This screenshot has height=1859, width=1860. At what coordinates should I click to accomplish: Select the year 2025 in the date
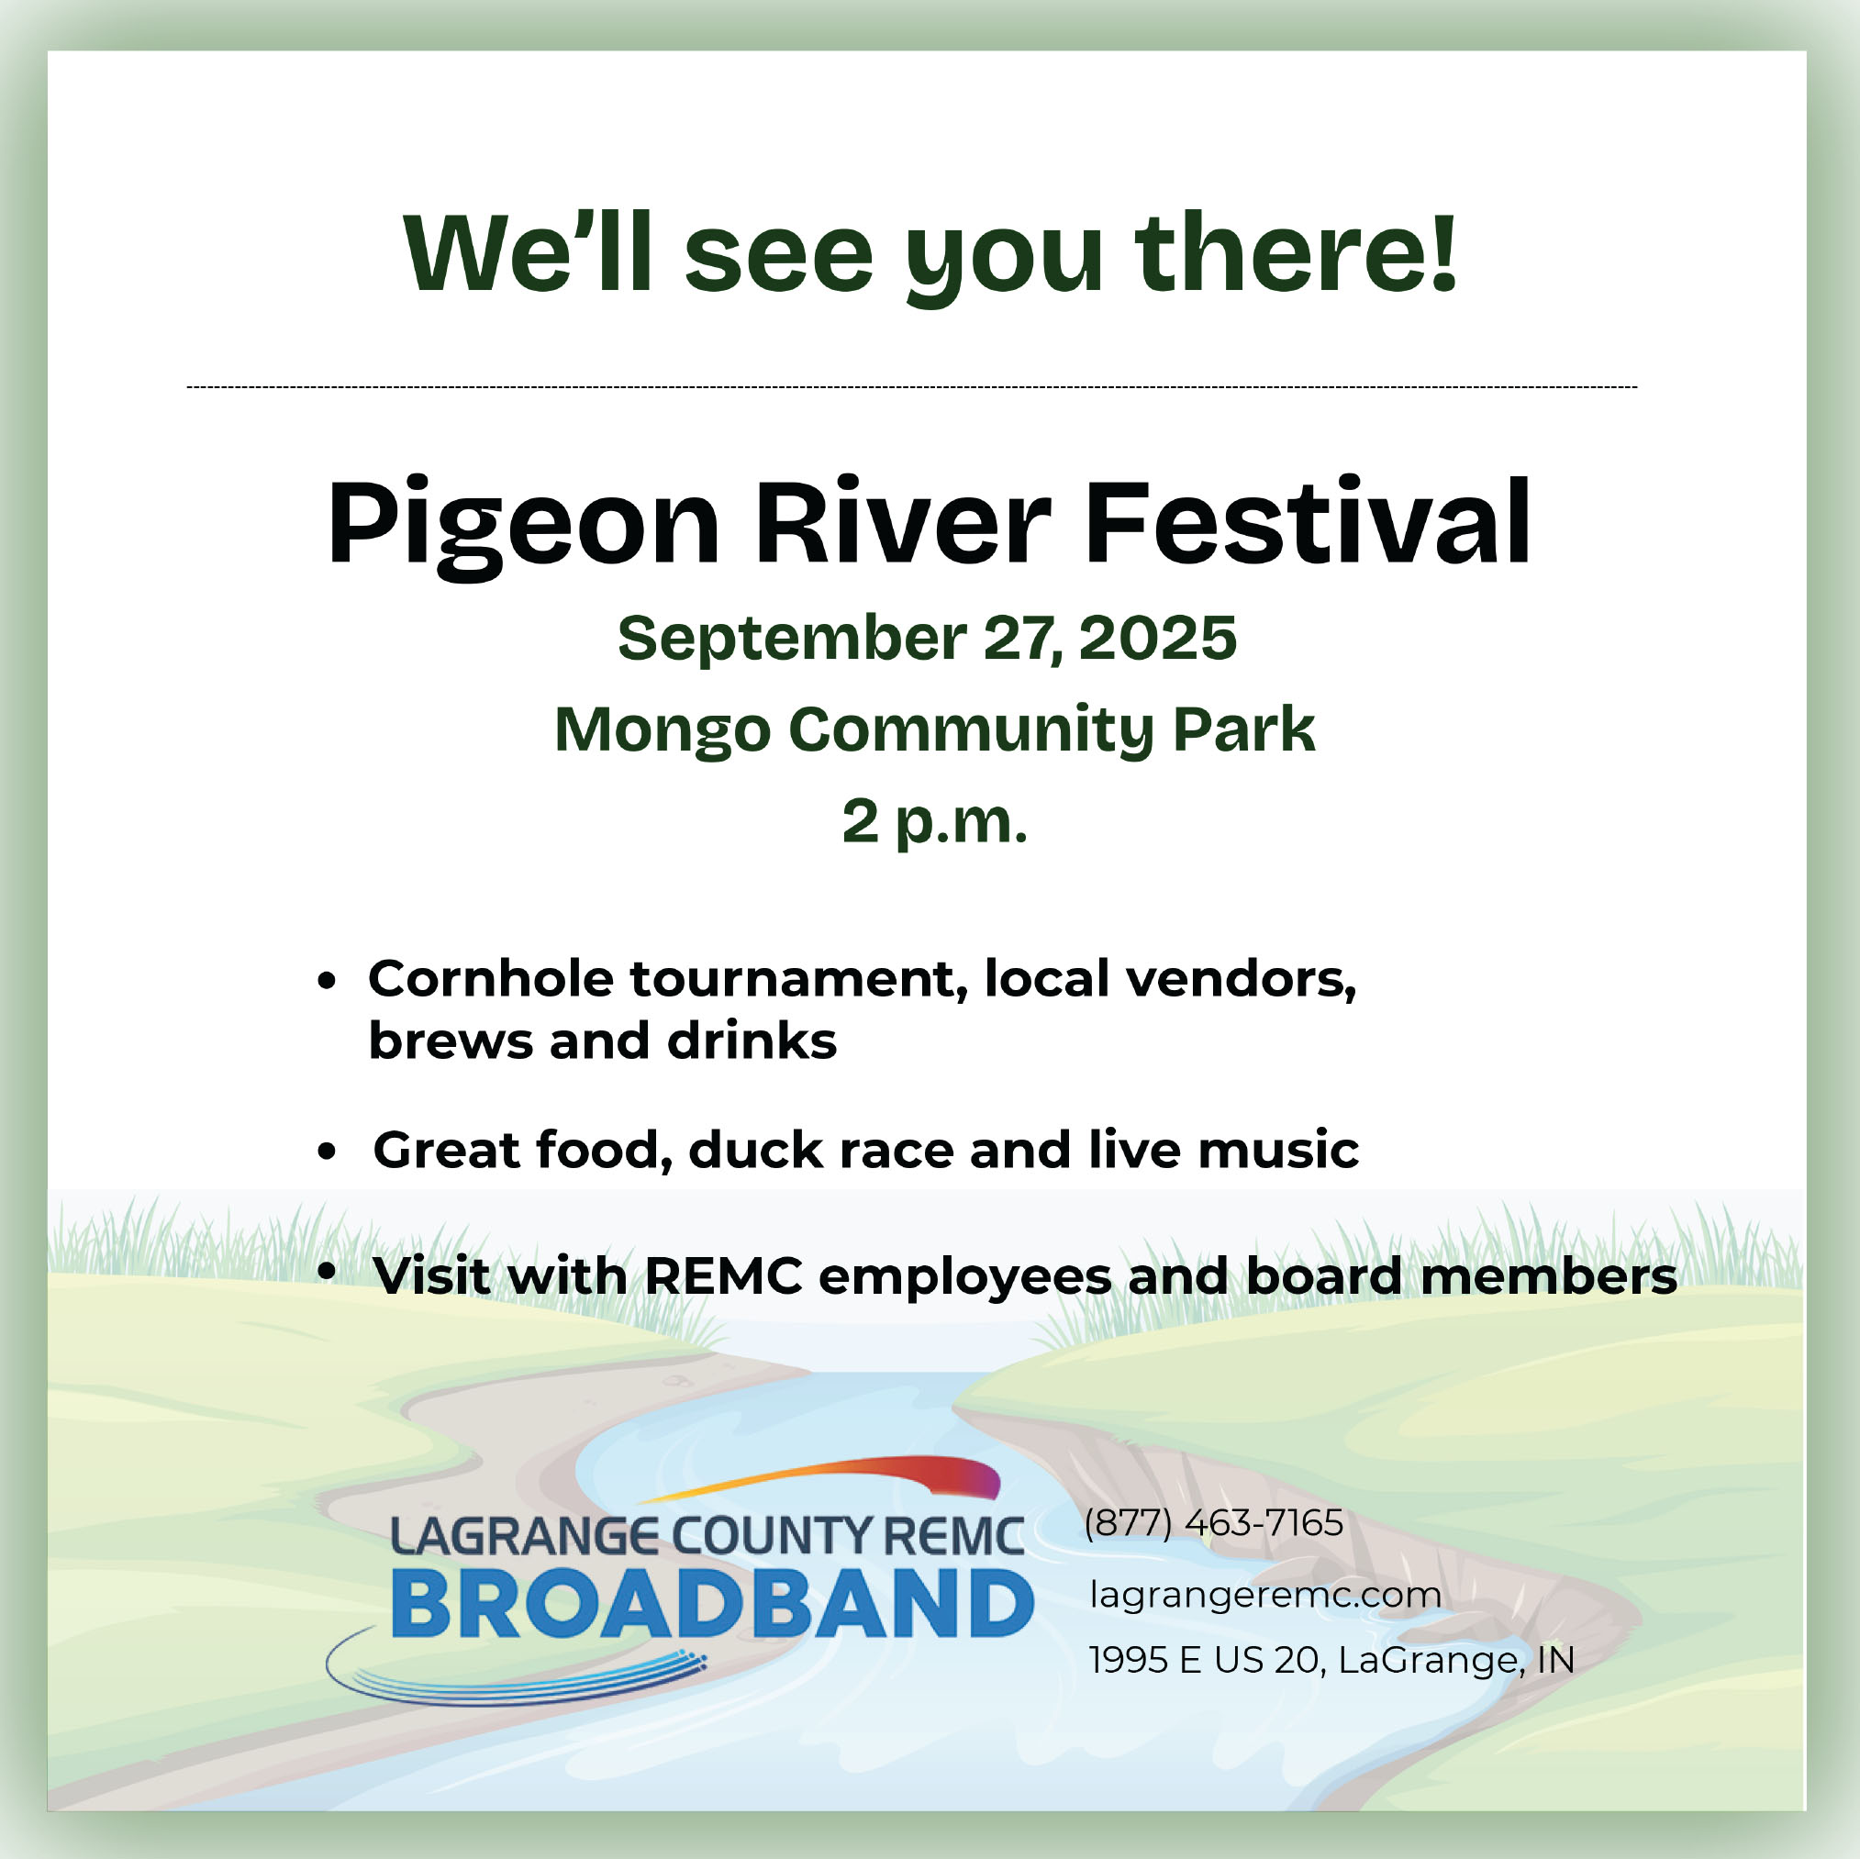point(1157,638)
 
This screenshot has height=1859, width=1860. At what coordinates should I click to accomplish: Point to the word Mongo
point(663,730)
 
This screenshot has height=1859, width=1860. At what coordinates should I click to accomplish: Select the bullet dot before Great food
point(328,1151)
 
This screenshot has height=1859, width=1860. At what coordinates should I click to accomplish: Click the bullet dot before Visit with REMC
point(328,1271)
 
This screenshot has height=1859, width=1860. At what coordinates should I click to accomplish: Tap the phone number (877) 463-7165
point(1213,1523)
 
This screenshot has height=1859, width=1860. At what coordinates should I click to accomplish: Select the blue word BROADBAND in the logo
point(711,1604)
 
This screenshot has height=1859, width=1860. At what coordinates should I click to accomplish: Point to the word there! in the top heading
point(1296,251)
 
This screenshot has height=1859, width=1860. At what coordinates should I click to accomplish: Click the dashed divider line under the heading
point(911,387)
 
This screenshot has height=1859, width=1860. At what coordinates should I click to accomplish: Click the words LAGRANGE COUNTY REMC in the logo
point(707,1537)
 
